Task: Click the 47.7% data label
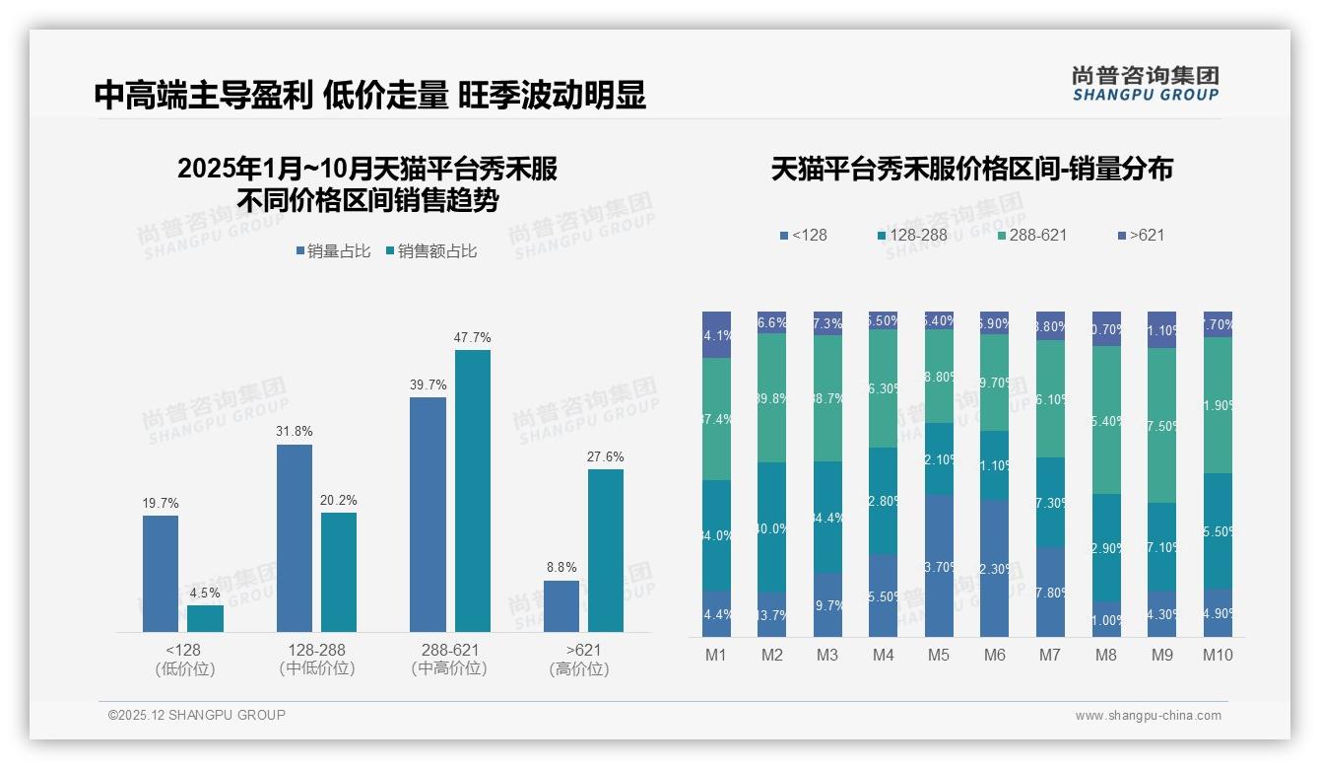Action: pyautogui.click(x=472, y=338)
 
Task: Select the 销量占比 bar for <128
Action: pyautogui.click(x=161, y=573)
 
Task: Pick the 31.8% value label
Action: pyautogui.click(x=295, y=432)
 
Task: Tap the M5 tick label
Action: pyautogui.click(x=939, y=656)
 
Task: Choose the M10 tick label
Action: pyautogui.click(x=1218, y=656)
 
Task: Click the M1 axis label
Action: pyautogui.click(x=716, y=656)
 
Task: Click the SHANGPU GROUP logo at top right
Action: pyautogui.click(x=1145, y=84)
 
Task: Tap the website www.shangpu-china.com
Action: pyautogui.click(x=1148, y=716)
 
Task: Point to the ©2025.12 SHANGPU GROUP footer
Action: pyautogui.click(x=197, y=716)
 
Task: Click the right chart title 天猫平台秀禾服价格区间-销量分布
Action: pyautogui.click(x=971, y=169)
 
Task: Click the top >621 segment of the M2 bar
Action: pyautogui.click(x=771, y=322)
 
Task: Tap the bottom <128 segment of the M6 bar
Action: pyautogui.click(x=994, y=568)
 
